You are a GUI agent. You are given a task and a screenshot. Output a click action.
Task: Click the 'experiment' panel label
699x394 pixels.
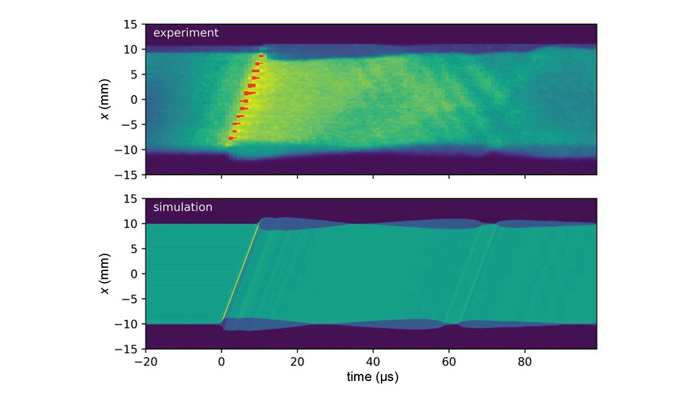pyautogui.click(x=185, y=33)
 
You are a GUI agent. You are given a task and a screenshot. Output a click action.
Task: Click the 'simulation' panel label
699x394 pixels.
pyautogui.click(x=182, y=207)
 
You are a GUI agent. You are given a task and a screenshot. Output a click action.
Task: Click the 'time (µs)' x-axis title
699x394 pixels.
pyautogui.click(x=372, y=377)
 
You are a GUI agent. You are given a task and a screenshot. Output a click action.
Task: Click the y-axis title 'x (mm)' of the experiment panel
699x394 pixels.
pyautogui.click(x=107, y=99)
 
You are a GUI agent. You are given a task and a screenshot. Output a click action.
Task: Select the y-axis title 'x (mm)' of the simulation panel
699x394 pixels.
pyautogui.click(x=107, y=274)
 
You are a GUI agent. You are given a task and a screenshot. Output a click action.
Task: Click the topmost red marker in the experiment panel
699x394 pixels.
pyautogui.click(x=261, y=56)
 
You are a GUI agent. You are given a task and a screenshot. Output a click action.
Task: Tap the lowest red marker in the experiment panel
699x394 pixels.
pyautogui.click(x=231, y=138)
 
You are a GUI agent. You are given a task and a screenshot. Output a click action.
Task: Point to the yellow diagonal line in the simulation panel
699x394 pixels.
pyautogui.click(x=240, y=273)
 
